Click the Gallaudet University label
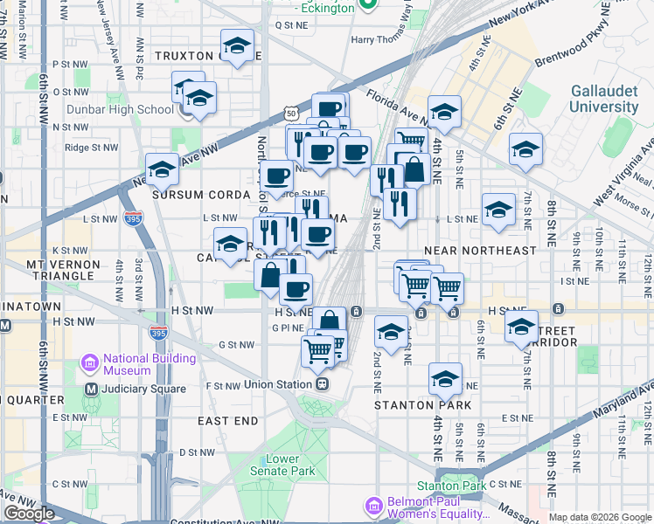(604, 99)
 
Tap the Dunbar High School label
(131, 109)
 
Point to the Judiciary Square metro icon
(90, 389)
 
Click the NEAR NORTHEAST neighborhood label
(478, 251)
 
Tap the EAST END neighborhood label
(227, 421)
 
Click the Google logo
(29, 514)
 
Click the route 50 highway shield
(291, 114)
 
